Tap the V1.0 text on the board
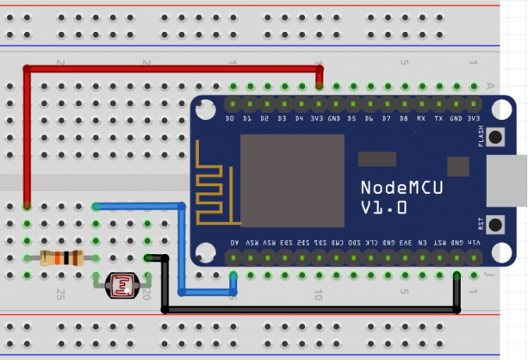(x=383, y=208)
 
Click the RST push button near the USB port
(x=497, y=223)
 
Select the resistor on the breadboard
(x=61, y=257)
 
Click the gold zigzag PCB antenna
(x=212, y=184)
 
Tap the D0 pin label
(x=231, y=118)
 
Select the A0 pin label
(x=233, y=244)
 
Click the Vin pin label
(x=474, y=244)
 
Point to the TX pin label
(x=439, y=118)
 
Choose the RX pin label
(x=422, y=118)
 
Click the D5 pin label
(x=352, y=118)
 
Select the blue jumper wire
(x=182, y=250)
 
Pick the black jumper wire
(x=310, y=308)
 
